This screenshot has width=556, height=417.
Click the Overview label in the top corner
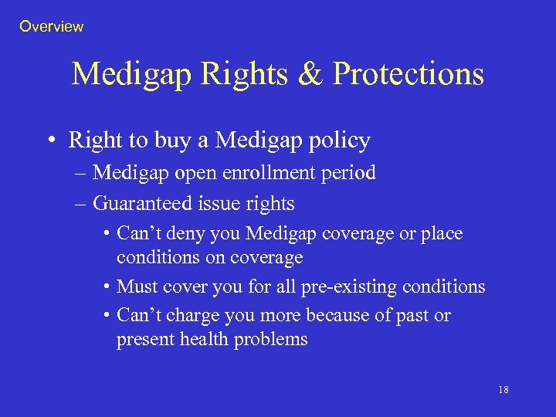point(51,27)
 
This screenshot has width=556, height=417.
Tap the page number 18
point(503,390)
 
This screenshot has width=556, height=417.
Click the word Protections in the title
point(409,75)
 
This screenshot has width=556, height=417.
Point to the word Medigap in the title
point(133,75)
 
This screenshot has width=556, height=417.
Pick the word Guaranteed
point(137,204)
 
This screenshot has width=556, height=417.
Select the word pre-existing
point(344,287)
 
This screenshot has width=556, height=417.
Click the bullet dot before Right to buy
point(51,141)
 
